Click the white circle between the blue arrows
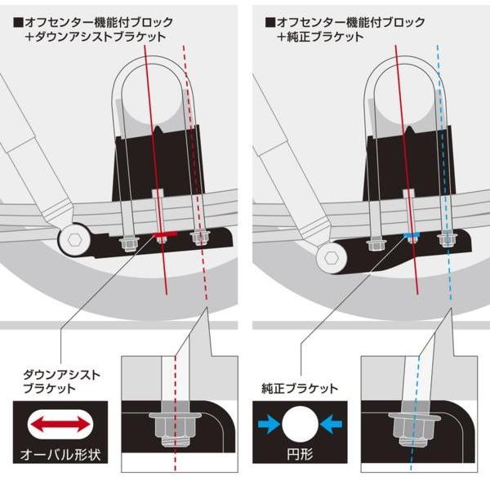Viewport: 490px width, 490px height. (x=299, y=424)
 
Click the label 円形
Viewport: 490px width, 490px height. (x=299, y=452)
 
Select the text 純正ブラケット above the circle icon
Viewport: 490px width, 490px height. (x=299, y=389)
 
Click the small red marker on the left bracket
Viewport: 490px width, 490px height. (x=163, y=237)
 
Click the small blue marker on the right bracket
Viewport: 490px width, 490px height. (x=412, y=236)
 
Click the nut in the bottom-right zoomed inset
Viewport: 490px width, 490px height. (x=408, y=425)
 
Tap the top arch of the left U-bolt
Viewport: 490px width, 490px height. (x=160, y=67)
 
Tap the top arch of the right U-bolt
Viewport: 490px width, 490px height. (x=408, y=67)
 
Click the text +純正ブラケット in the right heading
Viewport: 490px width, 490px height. (x=317, y=38)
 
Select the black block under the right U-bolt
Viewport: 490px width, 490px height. (x=408, y=167)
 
